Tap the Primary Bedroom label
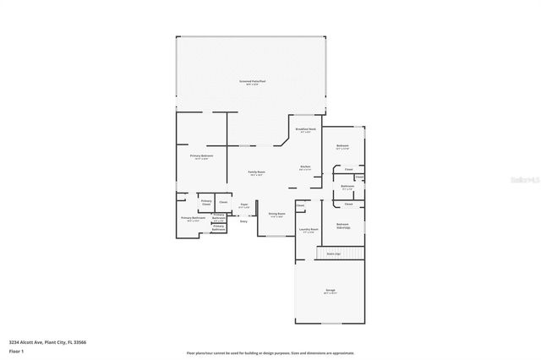coord(201,156)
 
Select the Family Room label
coord(255,172)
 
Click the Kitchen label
coord(305,166)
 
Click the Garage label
coord(330,291)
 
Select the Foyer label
coord(243,205)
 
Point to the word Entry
coord(243,221)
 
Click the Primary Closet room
coord(206,202)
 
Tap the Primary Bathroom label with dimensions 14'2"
coord(193,219)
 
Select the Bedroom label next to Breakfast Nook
coord(342,147)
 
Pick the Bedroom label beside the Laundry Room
coord(343,225)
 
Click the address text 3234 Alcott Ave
coord(46,341)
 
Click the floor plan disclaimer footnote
coord(270,352)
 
